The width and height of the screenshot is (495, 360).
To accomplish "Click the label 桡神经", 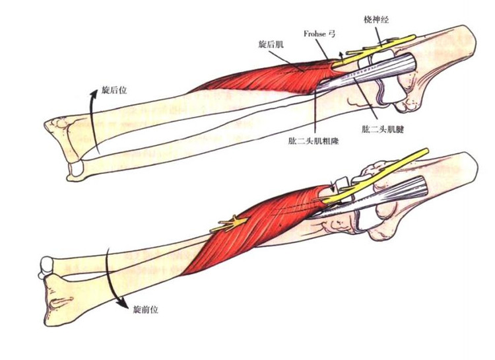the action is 376,20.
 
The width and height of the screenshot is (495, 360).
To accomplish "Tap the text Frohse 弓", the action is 319,34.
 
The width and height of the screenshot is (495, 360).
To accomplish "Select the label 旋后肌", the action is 271,44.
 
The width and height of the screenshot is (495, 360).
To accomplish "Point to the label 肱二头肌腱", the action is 383,129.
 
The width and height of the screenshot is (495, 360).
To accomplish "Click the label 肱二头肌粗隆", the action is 313,141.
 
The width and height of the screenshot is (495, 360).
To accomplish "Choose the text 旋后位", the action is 114,90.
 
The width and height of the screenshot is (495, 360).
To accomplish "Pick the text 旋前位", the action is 146,309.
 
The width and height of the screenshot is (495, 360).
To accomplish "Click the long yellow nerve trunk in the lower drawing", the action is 376,175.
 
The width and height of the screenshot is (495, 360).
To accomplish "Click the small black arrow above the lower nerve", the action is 331,186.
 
